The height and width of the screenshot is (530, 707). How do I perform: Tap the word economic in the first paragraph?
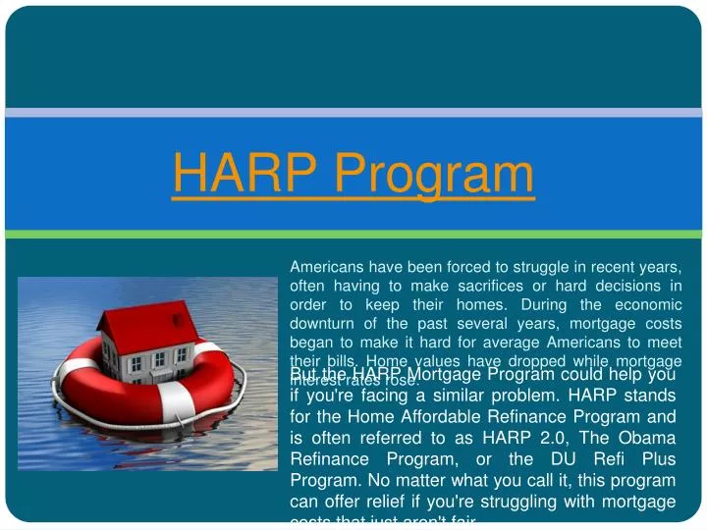[644, 304]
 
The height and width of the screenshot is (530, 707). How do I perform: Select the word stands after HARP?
[648, 395]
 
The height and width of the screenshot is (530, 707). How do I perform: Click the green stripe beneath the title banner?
[353, 234]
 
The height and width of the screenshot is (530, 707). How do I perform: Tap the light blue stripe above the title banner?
[353, 112]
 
